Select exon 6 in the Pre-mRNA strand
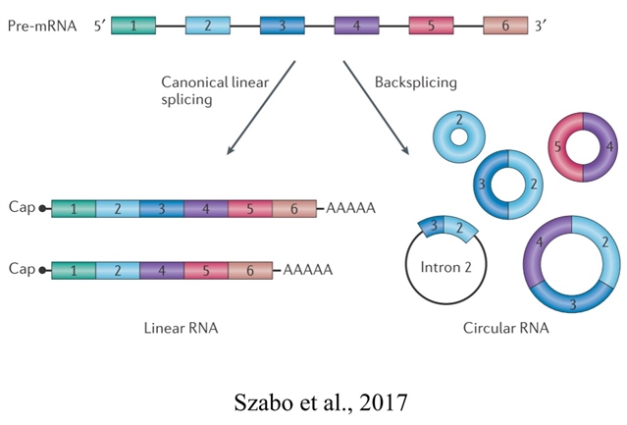[505, 27]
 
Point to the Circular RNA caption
[505, 327]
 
